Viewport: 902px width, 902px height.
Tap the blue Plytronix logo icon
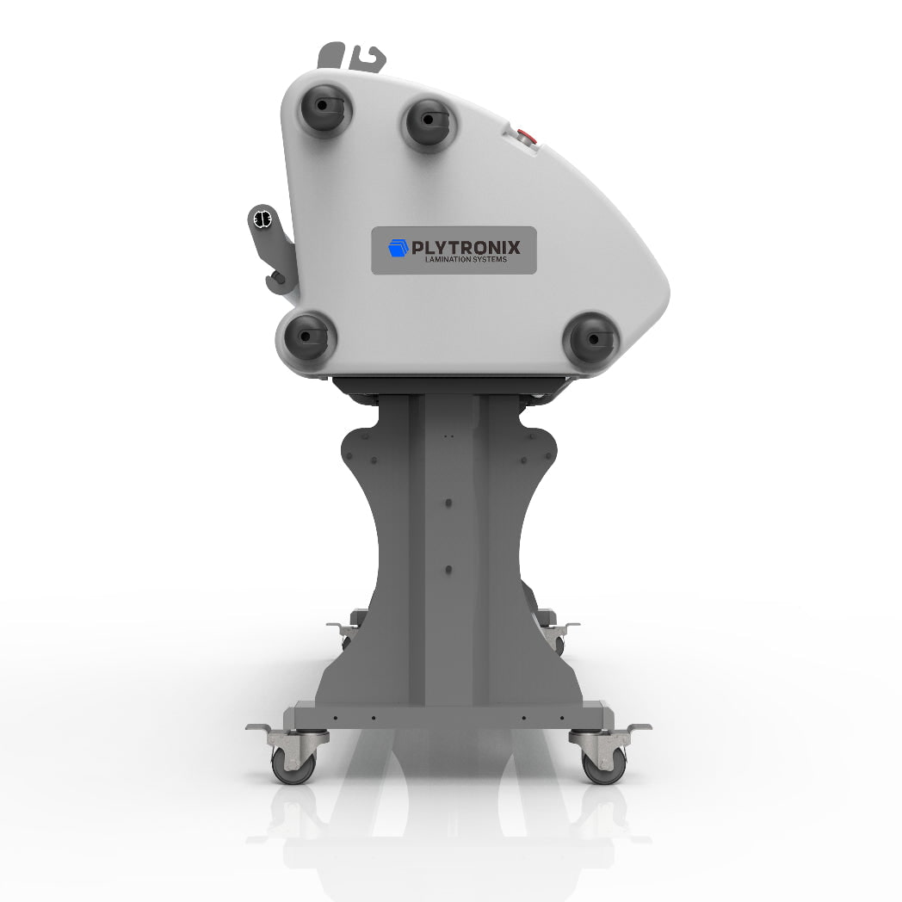[x=398, y=248]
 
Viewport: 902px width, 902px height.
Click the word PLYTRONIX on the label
[x=466, y=247]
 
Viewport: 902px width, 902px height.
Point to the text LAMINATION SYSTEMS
[x=466, y=259]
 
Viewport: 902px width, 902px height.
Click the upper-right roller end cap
[x=429, y=122]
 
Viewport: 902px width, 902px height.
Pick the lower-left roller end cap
[x=306, y=336]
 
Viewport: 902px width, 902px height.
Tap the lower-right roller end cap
[x=592, y=338]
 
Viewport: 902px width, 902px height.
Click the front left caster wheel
[x=293, y=767]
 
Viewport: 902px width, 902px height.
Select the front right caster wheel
[x=604, y=767]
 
